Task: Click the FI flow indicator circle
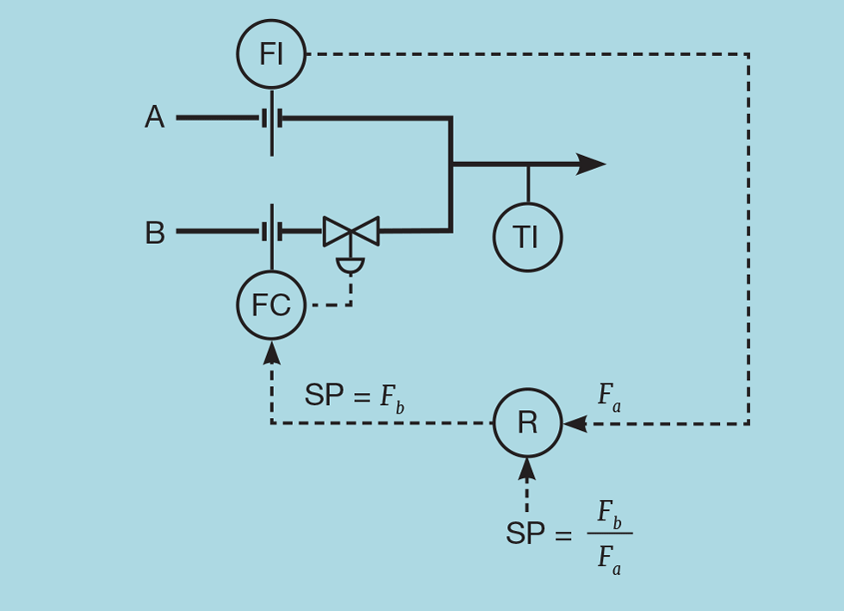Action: coord(271,54)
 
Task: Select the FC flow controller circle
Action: coord(271,305)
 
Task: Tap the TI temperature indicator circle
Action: coord(527,237)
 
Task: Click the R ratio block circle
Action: coord(527,423)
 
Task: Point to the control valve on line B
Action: coord(351,231)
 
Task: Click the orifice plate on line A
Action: coord(272,118)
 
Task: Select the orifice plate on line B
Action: coord(272,231)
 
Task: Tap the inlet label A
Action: coord(154,117)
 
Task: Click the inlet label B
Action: coord(155,233)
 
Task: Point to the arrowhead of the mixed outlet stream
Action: coord(593,164)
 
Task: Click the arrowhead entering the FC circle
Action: coord(271,351)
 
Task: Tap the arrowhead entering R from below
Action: coord(527,470)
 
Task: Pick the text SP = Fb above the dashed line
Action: coord(353,396)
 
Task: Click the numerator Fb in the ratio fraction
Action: coord(610,514)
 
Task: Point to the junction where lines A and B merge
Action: coord(450,164)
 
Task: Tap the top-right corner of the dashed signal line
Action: coord(748,54)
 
